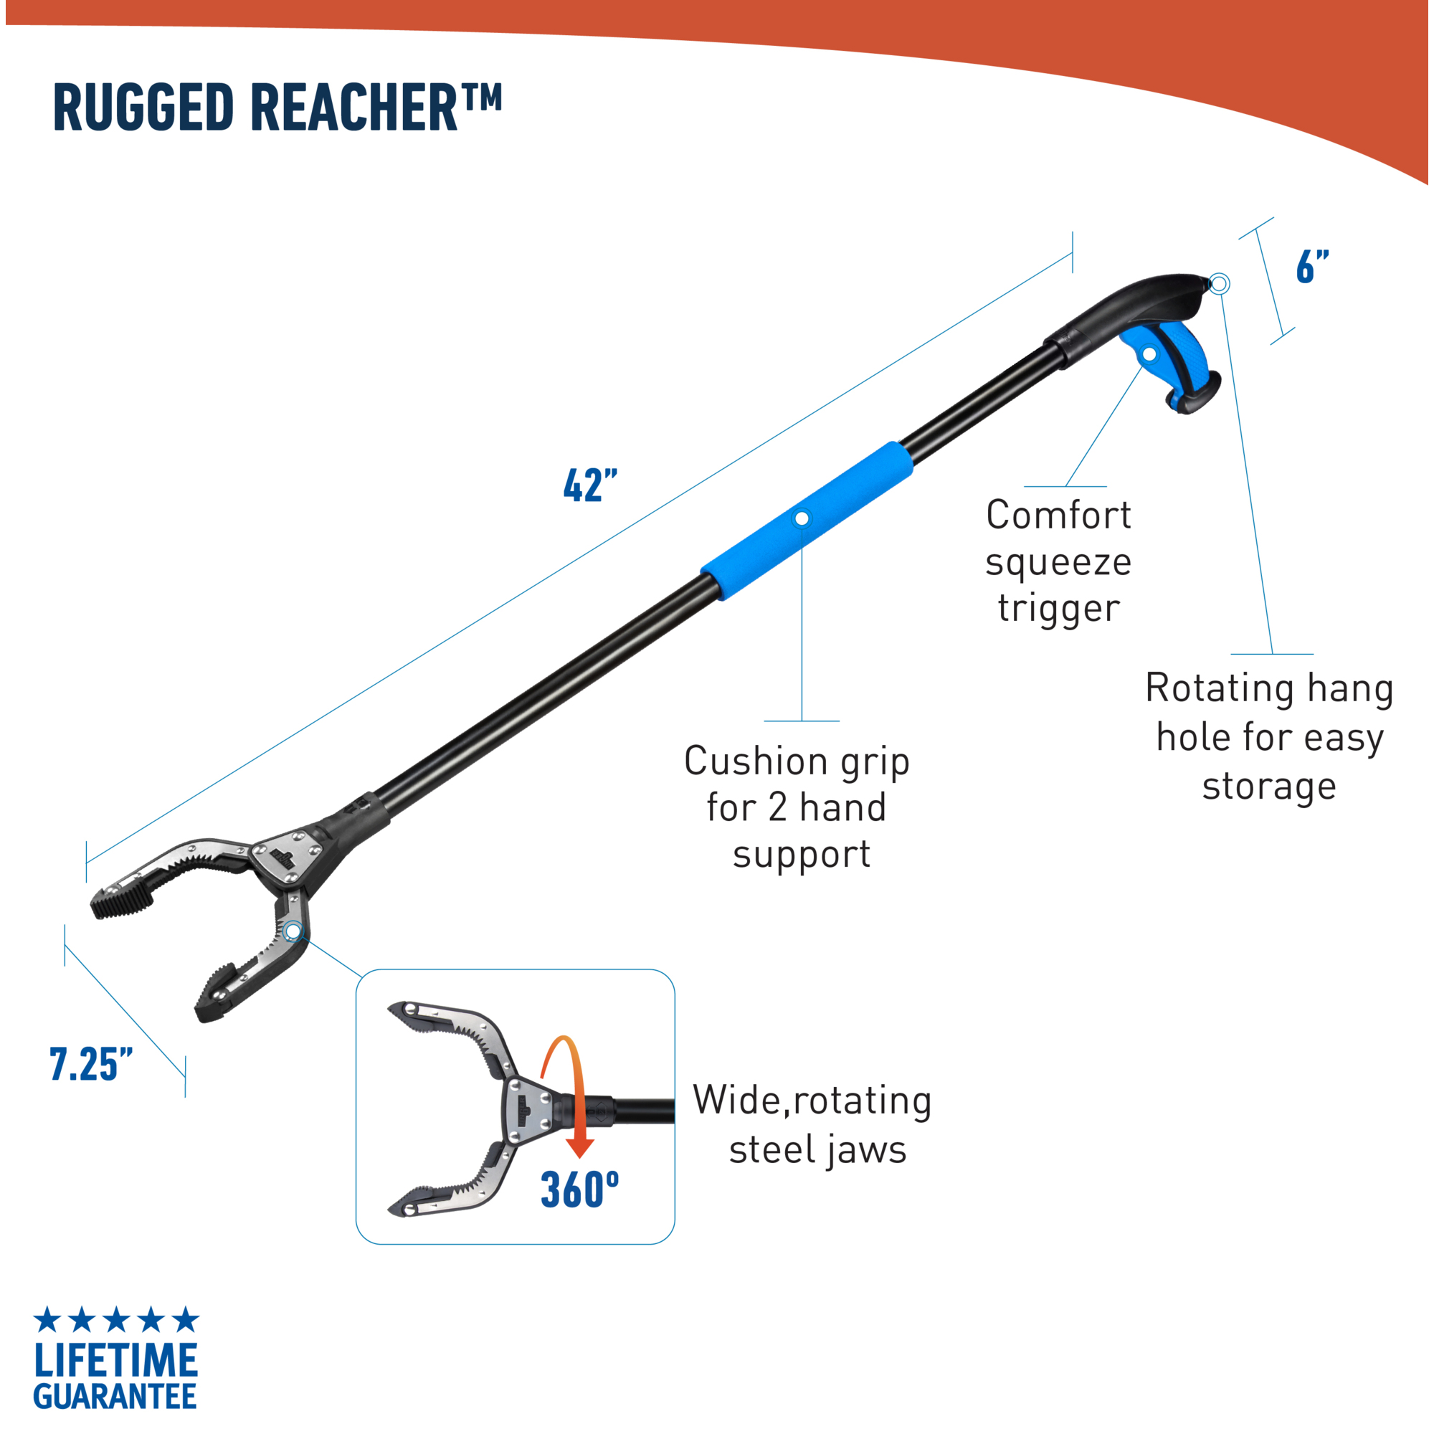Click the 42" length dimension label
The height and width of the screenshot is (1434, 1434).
(590, 486)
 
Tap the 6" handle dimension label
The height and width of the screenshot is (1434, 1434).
(1312, 267)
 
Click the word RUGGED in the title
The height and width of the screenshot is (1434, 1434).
(143, 108)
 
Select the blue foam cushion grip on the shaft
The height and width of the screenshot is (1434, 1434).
(807, 521)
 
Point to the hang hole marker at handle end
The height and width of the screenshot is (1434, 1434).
(1219, 283)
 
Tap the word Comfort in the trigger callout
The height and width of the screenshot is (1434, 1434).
(1058, 515)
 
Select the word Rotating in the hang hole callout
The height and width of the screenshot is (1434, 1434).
(1220, 688)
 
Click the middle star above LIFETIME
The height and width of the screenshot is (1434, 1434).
(117, 1320)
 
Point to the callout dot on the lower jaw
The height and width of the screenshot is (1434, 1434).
(293, 931)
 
